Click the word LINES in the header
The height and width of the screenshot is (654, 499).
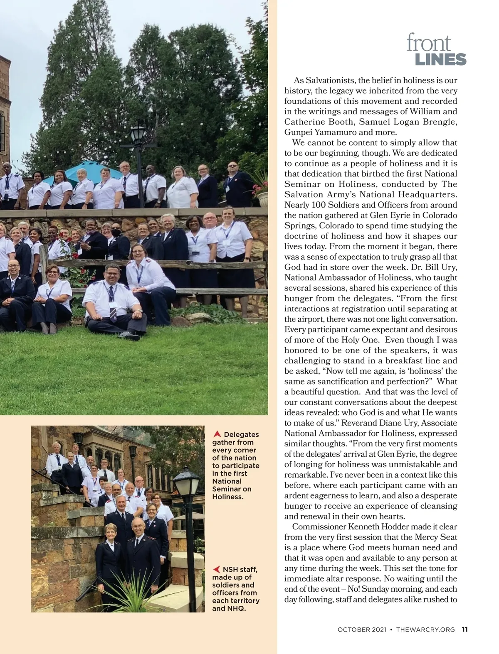tap(440, 60)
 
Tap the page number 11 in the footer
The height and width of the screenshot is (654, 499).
tap(465, 630)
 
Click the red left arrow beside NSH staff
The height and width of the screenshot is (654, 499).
tap(216, 569)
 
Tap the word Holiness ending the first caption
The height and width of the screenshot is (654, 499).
tap(227, 497)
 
